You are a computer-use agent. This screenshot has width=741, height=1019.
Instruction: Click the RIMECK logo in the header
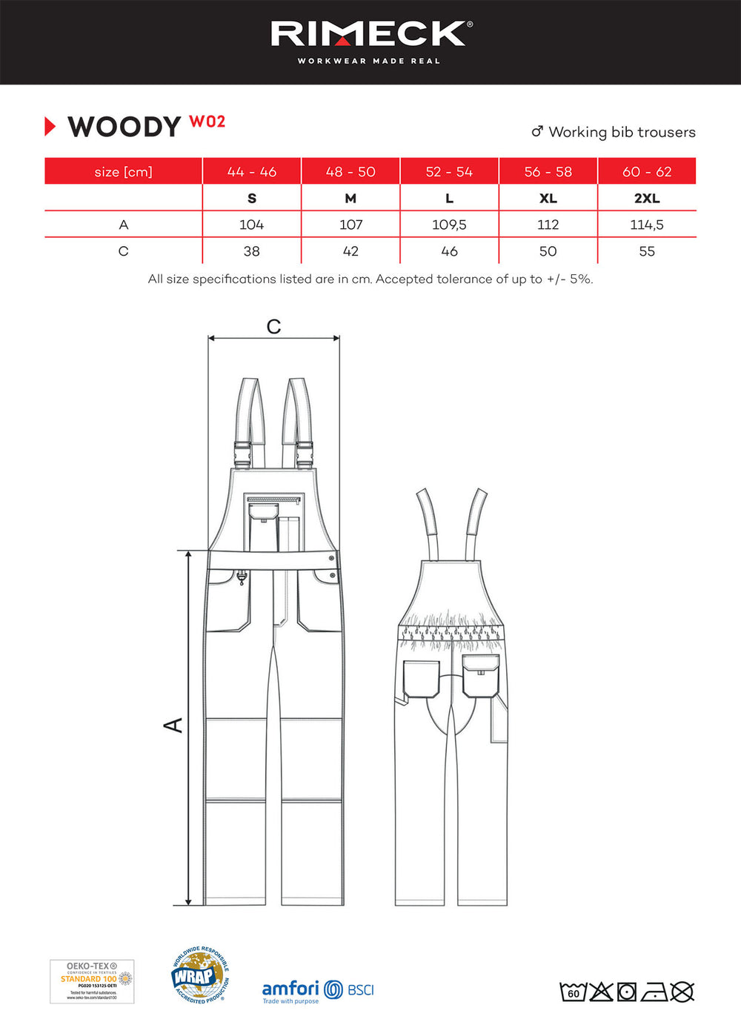pyautogui.click(x=370, y=34)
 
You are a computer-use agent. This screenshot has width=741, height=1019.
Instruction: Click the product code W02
pyautogui.click(x=207, y=122)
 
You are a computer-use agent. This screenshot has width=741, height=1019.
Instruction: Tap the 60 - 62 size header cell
pyautogui.click(x=647, y=172)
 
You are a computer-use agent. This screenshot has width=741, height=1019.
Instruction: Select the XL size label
pyautogui.click(x=548, y=199)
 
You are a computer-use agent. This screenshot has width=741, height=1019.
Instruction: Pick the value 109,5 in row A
pyautogui.click(x=449, y=225)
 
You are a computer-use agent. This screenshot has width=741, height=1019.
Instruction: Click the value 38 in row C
pyautogui.click(x=252, y=251)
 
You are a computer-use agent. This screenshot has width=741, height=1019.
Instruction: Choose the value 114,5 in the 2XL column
pyautogui.click(x=647, y=225)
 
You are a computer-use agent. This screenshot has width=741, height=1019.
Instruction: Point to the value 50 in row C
pyautogui.click(x=548, y=251)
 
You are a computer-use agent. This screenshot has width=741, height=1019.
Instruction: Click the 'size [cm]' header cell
pyautogui.click(x=123, y=172)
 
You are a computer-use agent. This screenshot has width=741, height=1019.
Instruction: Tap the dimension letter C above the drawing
pyautogui.click(x=273, y=327)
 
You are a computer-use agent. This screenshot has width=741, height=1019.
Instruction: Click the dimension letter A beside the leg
pyautogui.click(x=173, y=725)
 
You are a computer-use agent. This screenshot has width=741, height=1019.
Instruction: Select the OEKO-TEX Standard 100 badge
pyautogui.click(x=92, y=981)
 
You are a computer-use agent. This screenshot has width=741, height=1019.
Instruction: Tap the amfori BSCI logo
pyautogui.click(x=318, y=991)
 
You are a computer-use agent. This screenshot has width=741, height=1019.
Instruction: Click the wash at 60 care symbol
pyautogui.click(x=573, y=992)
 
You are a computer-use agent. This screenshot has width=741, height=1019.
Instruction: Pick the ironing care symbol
pyautogui.click(x=655, y=992)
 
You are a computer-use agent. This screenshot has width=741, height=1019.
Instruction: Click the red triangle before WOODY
pyautogui.click(x=50, y=127)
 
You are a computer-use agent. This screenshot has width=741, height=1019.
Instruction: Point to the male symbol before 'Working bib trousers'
pyautogui.click(x=537, y=132)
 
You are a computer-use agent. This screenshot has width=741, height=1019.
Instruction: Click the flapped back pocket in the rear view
pyautogui.click(x=481, y=675)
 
